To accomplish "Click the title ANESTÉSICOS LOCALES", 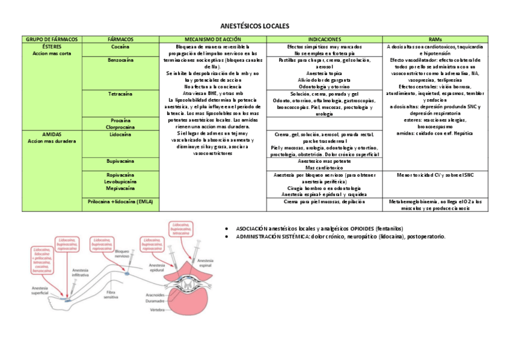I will point(255,26).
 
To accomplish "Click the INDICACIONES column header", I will point(324,39).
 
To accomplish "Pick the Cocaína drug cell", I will point(120,46).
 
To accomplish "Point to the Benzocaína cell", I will point(120,60).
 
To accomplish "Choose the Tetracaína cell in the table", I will point(120,94).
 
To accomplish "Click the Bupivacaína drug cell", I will point(120,162).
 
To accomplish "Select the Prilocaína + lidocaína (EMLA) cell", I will point(120,202).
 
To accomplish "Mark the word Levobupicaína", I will point(120,182).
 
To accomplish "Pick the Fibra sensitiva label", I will point(111,294).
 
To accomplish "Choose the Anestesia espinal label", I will point(204,263).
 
